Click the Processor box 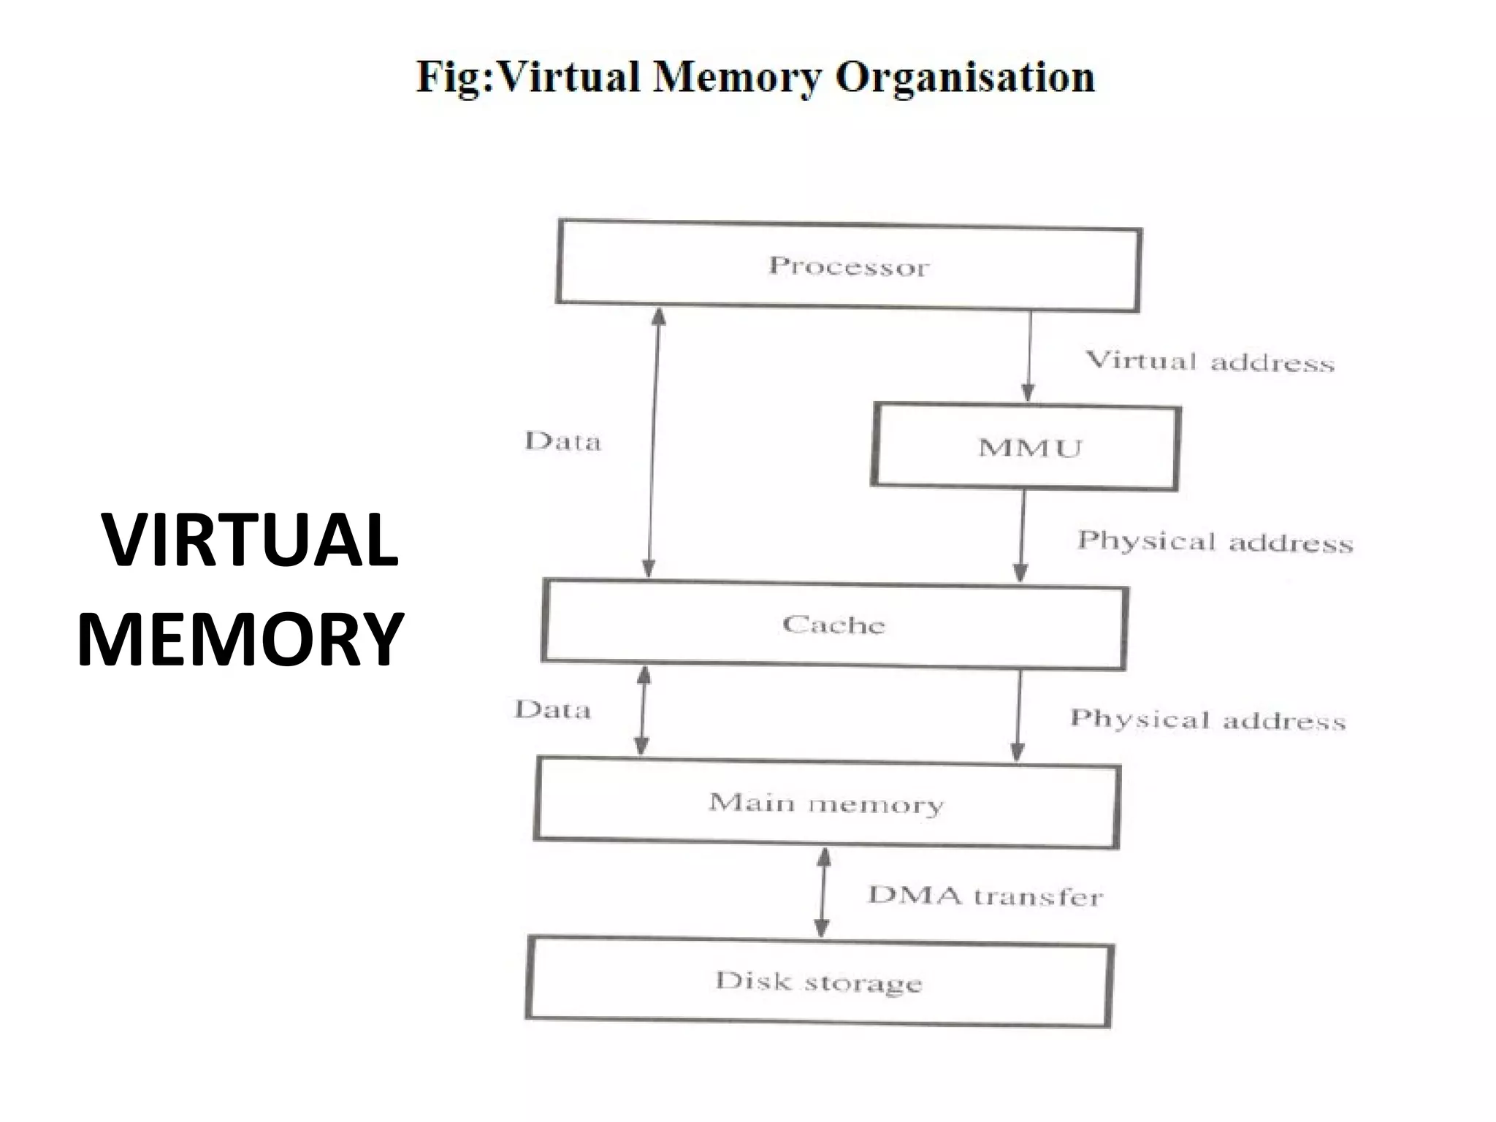(x=848, y=266)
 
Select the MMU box (x=1026, y=447)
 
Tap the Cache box (x=834, y=625)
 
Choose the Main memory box (x=826, y=803)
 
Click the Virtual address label (x=1210, y=361)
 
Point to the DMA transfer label (x=985, y=896)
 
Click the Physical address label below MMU (x=1215, y=541)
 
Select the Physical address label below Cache (x=1207, y=720)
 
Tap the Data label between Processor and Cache (x=562, y=441)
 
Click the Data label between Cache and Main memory (x=552, y=709)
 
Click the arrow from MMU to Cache (x=1022, y=537)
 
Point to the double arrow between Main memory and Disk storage (x=823, y=893)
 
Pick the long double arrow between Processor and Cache (x=653, y=443)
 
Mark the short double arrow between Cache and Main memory (x=643, y=711)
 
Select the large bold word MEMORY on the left (x=240, y=638)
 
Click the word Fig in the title (x=451, y=77)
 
